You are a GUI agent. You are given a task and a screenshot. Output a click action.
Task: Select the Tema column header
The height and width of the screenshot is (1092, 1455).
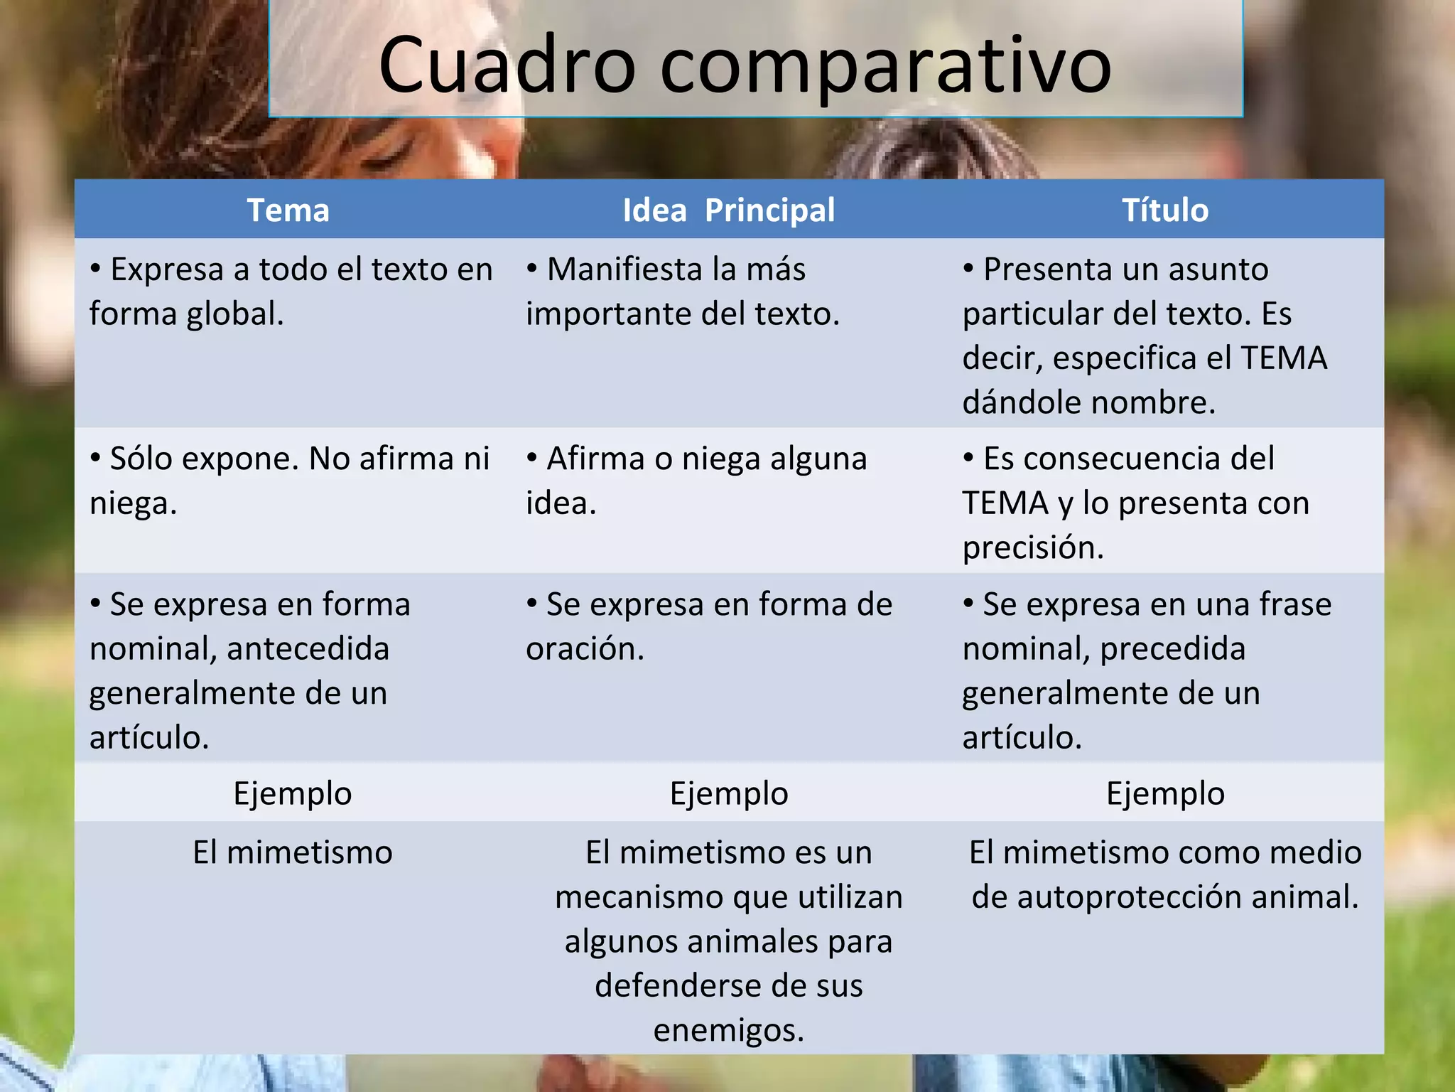point(288,210)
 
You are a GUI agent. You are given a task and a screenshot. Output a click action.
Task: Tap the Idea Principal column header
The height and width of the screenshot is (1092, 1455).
point(728,210)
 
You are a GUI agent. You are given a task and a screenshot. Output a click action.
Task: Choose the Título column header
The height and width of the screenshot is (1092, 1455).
point(1164,210)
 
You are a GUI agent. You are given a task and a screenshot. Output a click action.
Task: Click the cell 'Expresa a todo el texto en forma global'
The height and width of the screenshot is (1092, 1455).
point(291,291)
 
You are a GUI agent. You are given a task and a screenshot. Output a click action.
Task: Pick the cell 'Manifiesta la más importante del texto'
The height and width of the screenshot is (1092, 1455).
point(682,291)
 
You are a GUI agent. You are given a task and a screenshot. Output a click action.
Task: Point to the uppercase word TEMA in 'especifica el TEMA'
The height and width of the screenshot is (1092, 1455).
point(1284,358)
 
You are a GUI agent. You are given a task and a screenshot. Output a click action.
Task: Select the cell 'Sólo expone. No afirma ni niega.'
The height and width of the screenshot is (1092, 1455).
point(290,481)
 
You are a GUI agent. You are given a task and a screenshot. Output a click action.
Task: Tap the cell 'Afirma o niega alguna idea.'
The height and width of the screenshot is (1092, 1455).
point(696,481)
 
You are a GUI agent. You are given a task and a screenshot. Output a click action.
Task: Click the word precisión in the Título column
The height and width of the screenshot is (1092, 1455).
point(1033,548)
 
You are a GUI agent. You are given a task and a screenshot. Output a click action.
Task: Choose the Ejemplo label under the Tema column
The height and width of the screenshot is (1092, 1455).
point(292,793)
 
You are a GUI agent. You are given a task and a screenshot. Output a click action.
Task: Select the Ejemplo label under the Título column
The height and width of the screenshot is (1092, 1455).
point(1165,793)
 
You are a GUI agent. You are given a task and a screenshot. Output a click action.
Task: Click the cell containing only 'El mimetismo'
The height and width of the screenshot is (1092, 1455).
point(292,852)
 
